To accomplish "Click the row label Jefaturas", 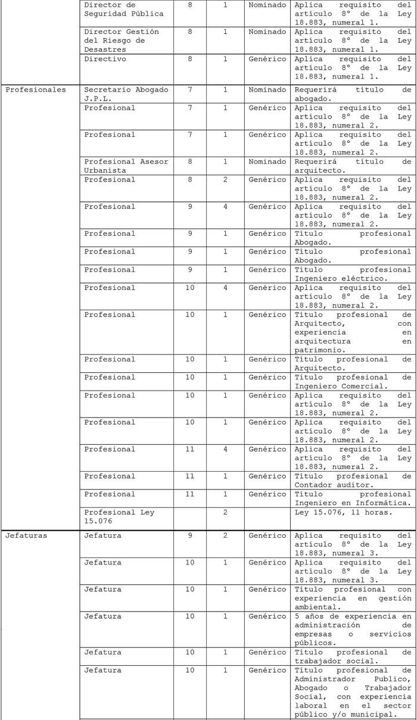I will click(25, 535).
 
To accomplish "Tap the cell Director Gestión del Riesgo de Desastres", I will click(122, 40).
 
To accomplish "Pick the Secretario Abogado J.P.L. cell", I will click(126, 94).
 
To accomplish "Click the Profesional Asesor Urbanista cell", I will click(126, 166).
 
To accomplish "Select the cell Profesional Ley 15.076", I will click(119, 516).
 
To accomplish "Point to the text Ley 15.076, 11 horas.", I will click(344, 512).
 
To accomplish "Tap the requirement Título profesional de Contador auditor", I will click(353, 481).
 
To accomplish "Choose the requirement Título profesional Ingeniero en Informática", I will click(353, 498).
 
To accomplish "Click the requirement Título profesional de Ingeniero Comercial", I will click(353, 382).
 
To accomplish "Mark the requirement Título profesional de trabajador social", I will click(353, 657).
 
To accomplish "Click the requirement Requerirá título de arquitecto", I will click(353, 166).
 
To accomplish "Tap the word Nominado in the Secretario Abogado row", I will click(267, 90).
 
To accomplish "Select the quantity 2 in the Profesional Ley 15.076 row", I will click(225, 512).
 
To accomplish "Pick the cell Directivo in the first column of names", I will click(105, 60).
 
